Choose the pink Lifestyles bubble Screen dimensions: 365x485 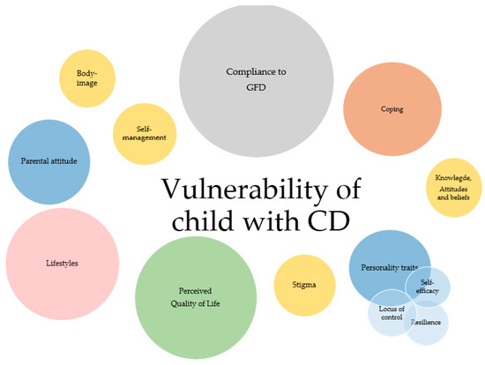click(x=62, y=263)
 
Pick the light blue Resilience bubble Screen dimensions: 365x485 click(x=427, y=322)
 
